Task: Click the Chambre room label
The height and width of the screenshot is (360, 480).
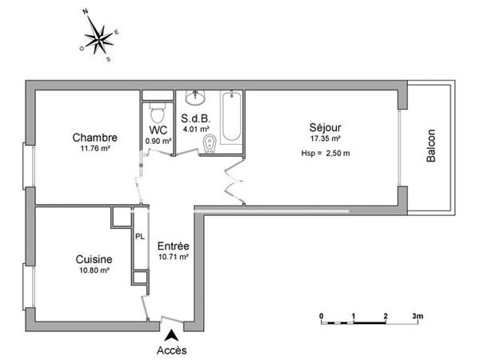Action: tap(94, 136)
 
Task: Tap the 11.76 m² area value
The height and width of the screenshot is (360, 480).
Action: tap(94, 148)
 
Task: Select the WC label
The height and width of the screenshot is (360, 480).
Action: tap(158, 130)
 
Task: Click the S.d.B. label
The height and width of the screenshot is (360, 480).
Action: tap(195, 118)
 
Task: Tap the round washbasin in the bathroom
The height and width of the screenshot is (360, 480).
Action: tap(195, 98)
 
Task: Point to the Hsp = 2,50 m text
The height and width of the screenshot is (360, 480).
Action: tap(326, 154)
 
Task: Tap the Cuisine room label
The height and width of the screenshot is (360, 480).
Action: tap(94, 259)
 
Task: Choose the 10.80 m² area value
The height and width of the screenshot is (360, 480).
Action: tap(94, 271)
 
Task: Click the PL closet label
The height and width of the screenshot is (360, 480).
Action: tap(140, 237)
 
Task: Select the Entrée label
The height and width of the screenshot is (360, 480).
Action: tap(173, 246)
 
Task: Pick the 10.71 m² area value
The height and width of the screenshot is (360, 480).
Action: tap(173, 258)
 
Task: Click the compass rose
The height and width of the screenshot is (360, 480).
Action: tap(99, 36)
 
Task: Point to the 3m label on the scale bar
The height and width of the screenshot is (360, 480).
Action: tap(418, 316)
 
